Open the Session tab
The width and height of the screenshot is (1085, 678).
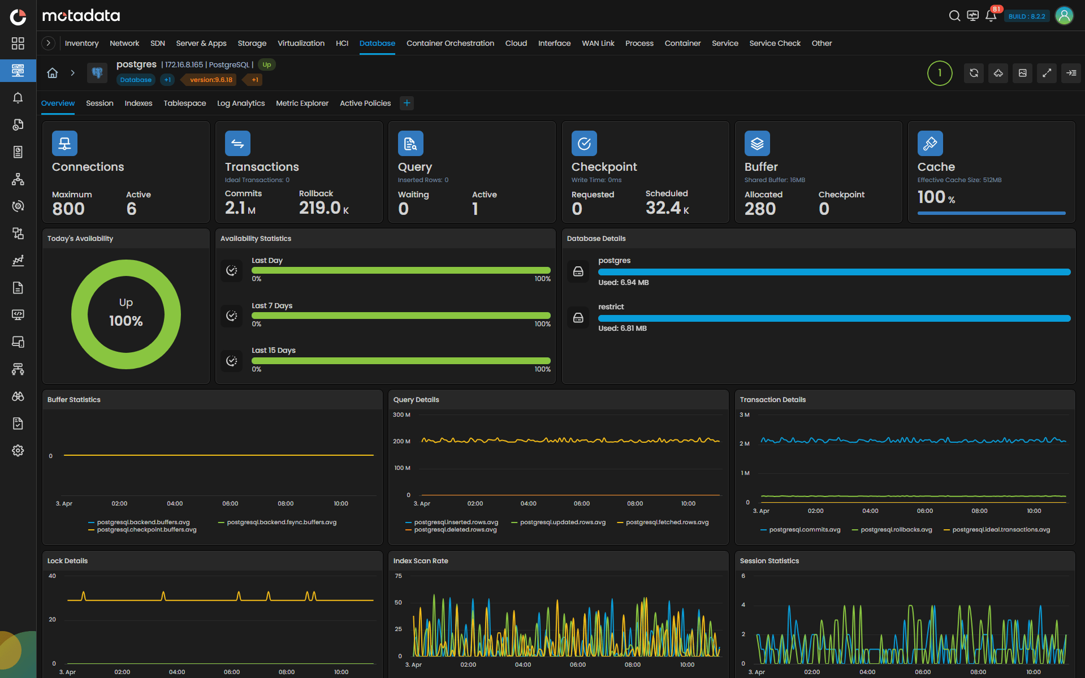pos(100,103)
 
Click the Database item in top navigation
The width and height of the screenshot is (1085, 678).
pos(377,43)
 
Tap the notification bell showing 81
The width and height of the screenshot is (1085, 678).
pos(991,16)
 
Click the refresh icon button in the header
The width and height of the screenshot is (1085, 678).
pos(974,73)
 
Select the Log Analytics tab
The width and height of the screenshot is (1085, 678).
pos(241,103)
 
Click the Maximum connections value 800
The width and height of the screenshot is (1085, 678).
pos(68,209)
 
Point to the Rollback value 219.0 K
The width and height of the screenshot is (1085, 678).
pos(323,208)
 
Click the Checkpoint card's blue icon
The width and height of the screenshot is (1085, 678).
pos(584,144)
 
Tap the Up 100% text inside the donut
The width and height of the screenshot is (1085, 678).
pos(126,313)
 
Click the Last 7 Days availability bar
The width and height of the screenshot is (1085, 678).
pos(401,316)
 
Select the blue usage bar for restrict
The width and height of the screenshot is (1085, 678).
pos(834,318)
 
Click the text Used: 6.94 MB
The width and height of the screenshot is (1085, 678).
pos(623,282)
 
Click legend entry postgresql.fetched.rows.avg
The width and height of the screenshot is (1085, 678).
pos(667,522)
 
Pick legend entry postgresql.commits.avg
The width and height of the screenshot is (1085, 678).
pos(804,529)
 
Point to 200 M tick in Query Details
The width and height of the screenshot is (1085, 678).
pos(401,441)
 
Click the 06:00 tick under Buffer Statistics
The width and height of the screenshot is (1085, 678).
pos(230,503)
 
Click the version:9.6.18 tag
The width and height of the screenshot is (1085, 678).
pos(211,80)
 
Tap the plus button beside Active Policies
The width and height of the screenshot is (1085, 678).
pos(407,103)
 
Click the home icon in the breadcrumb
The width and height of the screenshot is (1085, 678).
pos(53,73)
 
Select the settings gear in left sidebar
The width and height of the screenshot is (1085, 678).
pos(18,451)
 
